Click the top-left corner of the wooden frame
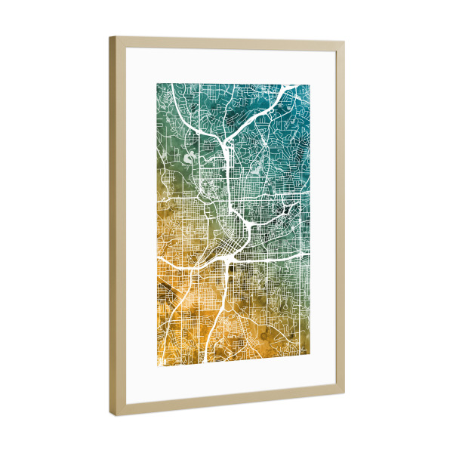point(109,36)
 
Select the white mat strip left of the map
point(140,226)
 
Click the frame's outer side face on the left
point(112,226)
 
